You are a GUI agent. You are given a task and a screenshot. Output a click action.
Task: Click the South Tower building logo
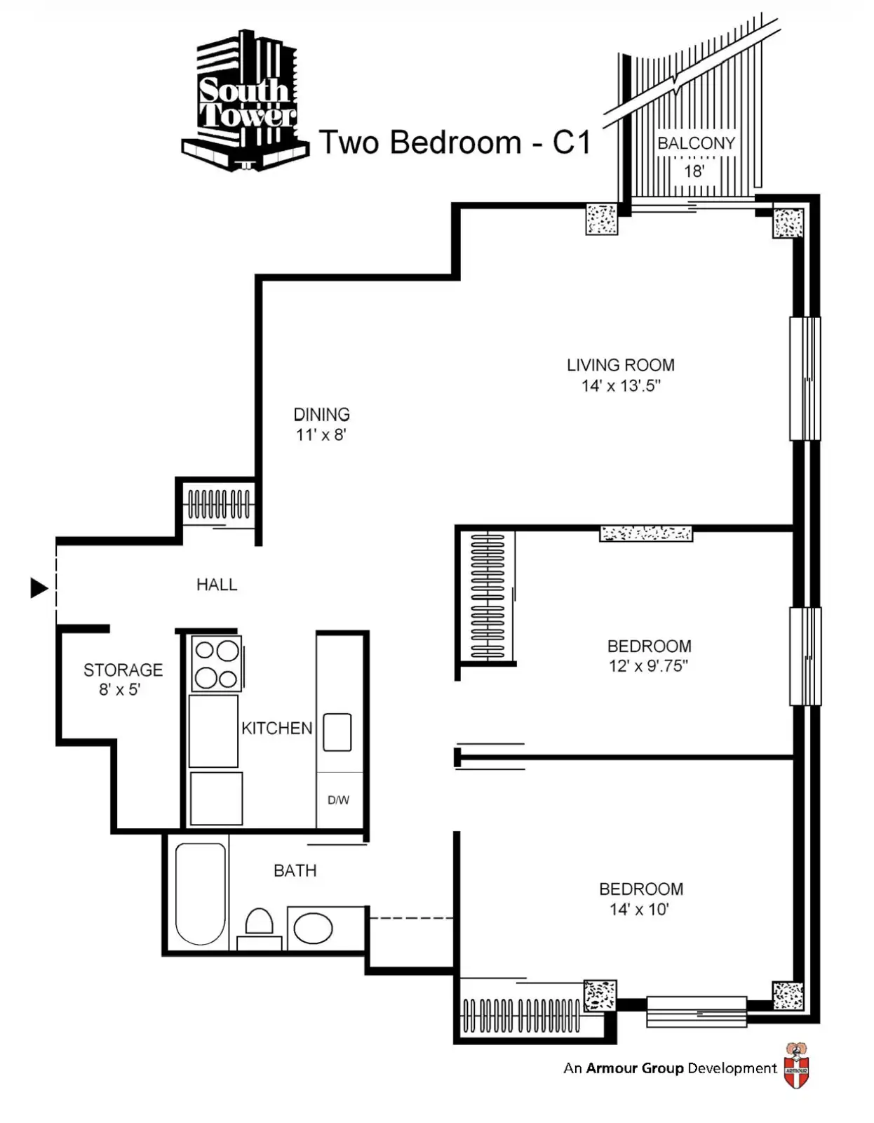pos(246,100)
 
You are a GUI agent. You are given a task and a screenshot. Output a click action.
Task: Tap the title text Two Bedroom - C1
pos(455,142)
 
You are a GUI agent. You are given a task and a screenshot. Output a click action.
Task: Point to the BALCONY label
pos(696,143)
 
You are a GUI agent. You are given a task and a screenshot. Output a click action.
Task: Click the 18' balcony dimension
pos(694,171)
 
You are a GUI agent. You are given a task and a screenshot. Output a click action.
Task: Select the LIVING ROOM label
pos(621,366)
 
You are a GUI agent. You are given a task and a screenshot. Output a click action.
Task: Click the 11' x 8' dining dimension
pos(321,435)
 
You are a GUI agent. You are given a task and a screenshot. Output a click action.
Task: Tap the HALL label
pos(217,585)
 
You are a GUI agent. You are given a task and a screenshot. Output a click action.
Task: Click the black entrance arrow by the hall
pos(39,588)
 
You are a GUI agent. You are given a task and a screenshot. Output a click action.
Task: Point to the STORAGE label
pos(123,670)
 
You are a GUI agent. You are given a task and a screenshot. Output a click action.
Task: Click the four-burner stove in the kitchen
pos(216,664)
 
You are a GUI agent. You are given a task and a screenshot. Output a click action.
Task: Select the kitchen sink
pos(337,732)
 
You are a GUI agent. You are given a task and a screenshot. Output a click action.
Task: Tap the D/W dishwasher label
pos(339,801)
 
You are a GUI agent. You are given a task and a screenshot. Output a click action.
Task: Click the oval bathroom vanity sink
pos(313,928)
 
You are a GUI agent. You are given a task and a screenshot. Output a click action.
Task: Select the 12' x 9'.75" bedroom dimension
pos(648,666)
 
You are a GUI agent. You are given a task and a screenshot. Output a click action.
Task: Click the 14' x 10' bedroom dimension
pos(639,910)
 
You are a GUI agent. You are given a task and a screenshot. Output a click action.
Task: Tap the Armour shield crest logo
pos(796,1065)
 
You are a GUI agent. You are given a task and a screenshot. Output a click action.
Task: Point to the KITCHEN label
pos(277,729)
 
